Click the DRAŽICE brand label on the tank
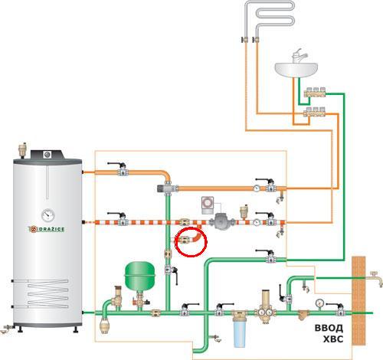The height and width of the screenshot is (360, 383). click(47, 229)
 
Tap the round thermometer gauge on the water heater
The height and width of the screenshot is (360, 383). click(47, 215)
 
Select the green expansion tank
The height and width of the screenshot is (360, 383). click(139, 276)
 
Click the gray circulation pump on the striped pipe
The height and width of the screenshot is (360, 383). click(221, 221)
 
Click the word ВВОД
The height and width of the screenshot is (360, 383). click(329, 328)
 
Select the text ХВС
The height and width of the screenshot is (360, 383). click(333, 339)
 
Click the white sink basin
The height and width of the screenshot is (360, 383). click(296, 70)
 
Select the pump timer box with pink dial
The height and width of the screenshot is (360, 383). click(208, 205)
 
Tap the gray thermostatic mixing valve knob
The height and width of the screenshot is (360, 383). click(162, 188)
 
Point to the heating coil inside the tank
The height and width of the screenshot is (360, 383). click(48, 293)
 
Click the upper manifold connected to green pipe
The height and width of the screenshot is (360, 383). click(315, 92)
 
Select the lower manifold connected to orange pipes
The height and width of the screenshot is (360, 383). click(314, 112)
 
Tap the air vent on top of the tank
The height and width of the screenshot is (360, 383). click(23, 150)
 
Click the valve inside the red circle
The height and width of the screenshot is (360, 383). click(185, 240)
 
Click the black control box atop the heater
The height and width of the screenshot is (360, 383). click(47, 154)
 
